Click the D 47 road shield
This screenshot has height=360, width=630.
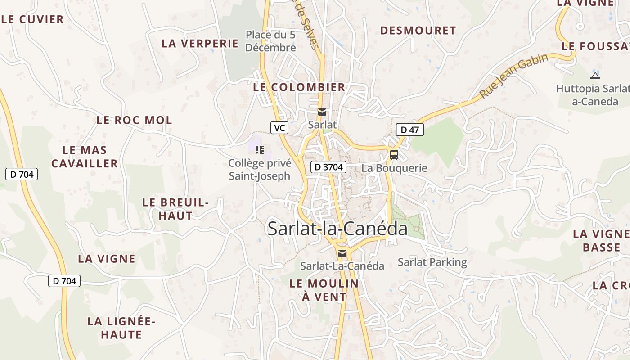(409, 130)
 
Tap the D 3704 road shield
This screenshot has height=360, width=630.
(328, 167)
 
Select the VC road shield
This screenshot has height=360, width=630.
(279, 128)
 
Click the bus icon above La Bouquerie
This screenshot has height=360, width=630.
(394, 155)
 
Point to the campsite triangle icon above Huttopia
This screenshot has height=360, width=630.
(595, 76)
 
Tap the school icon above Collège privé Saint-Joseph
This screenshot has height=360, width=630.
(259, 149)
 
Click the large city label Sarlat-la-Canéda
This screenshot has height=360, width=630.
(337, 229)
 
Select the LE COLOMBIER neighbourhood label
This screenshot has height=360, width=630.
(299, 87)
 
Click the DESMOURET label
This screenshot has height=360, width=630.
(418, 31)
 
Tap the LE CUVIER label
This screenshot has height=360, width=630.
(33, 19)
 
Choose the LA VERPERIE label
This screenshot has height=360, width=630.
(200, 44)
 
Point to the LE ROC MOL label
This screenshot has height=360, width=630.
(134, 120)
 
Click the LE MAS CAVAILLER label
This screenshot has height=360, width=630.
(85, 157)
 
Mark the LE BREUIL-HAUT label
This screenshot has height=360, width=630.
(175, 209)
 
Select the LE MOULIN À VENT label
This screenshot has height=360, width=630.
(324, 290)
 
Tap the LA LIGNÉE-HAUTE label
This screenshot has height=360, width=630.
(121, 328)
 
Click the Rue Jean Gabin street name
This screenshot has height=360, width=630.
(514, 76)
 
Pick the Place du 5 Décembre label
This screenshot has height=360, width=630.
(270, 41)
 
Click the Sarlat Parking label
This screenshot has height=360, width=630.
(432, 262)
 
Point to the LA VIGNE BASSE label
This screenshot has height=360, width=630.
(601, 240)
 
